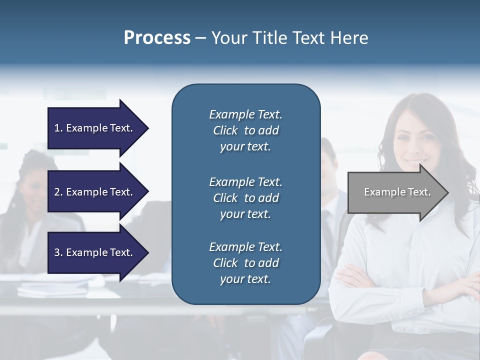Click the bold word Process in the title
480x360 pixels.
(157, 38)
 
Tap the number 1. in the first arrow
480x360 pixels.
(58, 128)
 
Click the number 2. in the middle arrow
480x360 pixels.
(58, 192)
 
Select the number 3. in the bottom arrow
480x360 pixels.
(58, 252)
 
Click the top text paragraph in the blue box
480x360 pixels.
(245, 130)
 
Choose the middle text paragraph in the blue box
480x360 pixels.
(245, 198)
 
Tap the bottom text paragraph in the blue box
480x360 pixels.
(245, 263)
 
